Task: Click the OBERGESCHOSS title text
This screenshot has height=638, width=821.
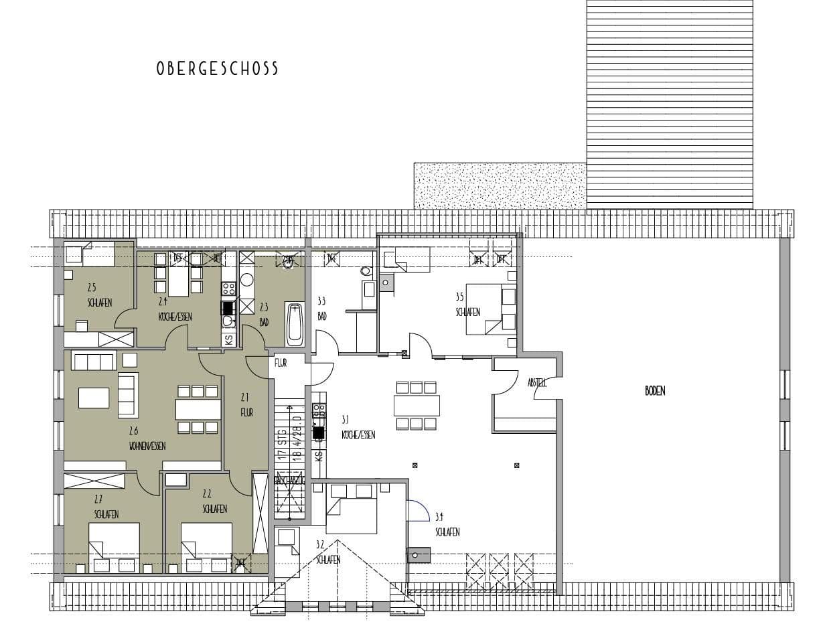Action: point(217,69)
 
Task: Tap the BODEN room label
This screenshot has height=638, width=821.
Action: point(655,392)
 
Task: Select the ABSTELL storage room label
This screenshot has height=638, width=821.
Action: point(536,383)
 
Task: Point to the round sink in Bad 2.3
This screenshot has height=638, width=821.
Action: point(246,280)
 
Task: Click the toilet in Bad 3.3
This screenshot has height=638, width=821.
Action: point(365,272)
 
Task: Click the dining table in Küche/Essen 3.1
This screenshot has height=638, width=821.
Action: point(417,406)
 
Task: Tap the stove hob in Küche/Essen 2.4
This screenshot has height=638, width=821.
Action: point(228,289)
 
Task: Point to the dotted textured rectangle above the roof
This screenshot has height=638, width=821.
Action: point(500,185)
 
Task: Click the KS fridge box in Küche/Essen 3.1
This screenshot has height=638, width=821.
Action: point(319,457)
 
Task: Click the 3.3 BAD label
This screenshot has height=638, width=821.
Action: point(321,309)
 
